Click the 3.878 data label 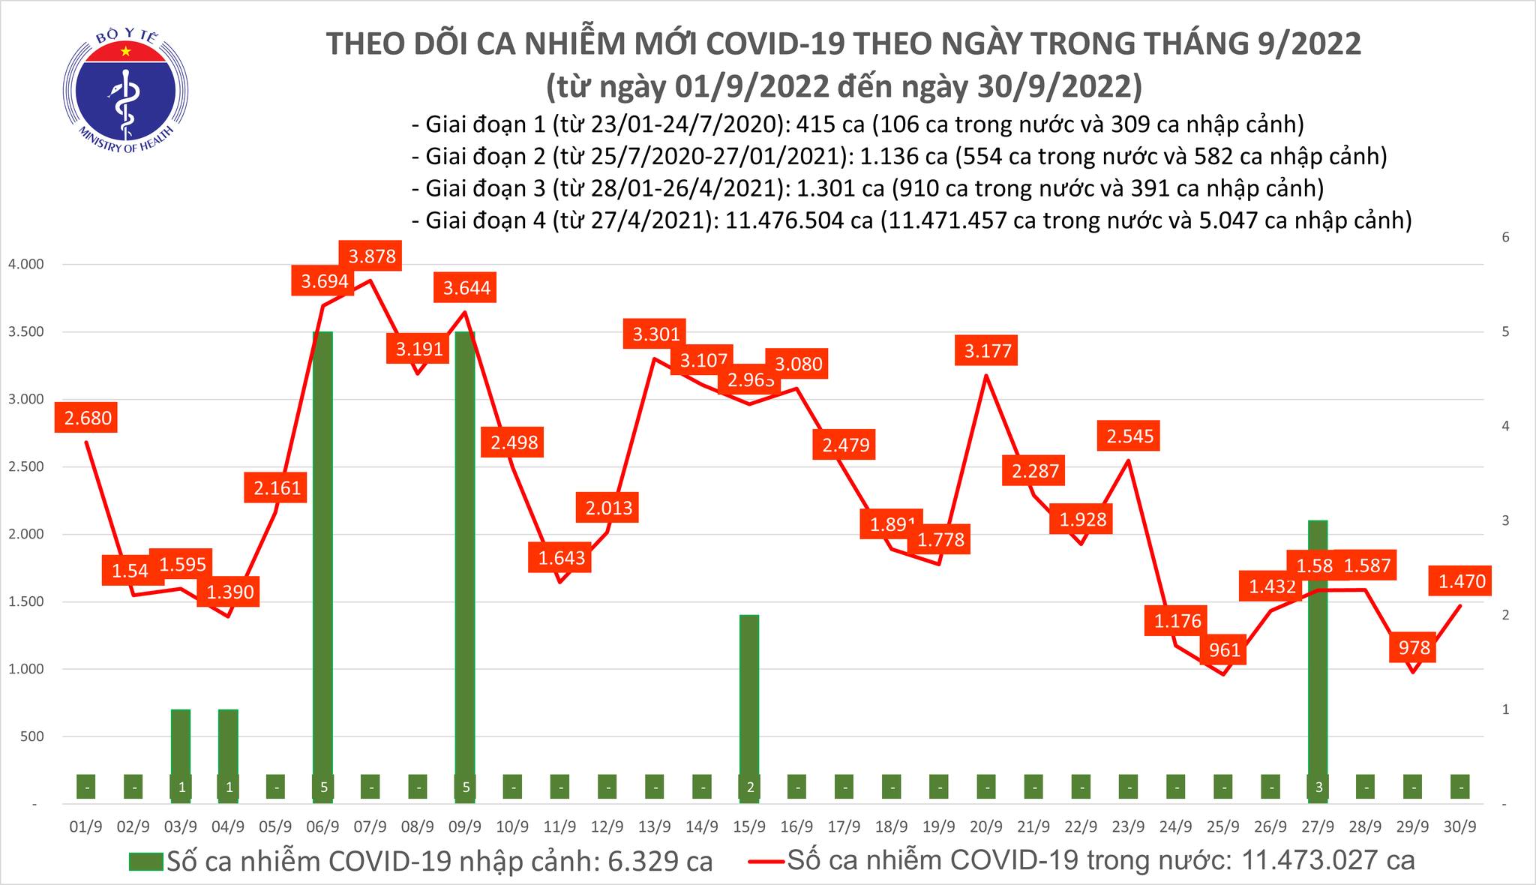click(x=372, y=256)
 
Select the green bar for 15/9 click(x=749, y=697)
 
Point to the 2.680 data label click(x=88, y=418)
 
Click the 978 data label click(x=1414, y=647)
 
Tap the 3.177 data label click(x=987, y=350)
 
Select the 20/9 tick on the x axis click(x=986, y=826)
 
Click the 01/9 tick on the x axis click(x=85, y=826)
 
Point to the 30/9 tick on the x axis click(x=1459, y=826)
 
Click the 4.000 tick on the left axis click(x=25, y=265)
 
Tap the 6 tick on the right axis click(x=1499, y=237)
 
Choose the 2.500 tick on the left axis click(x=25, y=467)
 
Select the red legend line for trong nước click(x=766, y=861)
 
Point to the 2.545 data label click(x=1129, y=435)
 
